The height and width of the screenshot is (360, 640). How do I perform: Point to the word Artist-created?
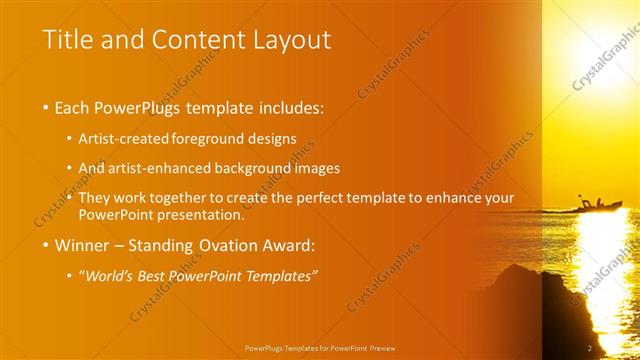[x=123, y=139]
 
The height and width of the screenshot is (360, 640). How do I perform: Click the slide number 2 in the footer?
[x=590, y=347]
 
